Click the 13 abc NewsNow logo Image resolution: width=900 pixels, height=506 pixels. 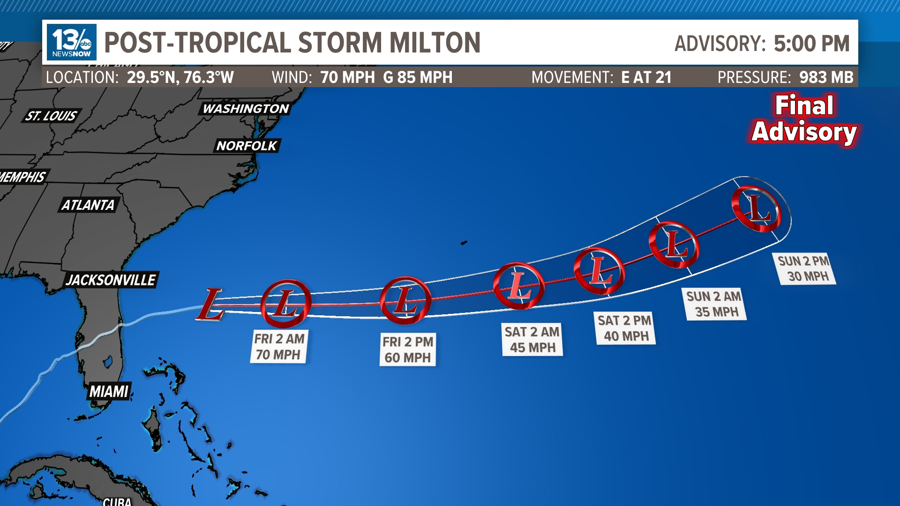tap(72, 42)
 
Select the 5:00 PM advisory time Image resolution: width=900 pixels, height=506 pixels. tap(811, 44)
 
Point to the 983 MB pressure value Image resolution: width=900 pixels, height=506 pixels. tap(826, 77)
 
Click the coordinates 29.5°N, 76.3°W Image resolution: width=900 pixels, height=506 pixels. tap(180, 77)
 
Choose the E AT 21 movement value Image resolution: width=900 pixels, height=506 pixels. tap(646, 77)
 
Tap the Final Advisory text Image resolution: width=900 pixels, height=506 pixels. tap(804, 119)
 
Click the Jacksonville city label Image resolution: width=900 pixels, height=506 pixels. tap(111, 280)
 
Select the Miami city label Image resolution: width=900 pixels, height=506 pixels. tap(109, 391)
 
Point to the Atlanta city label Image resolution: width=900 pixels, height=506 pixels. tap(88, 205)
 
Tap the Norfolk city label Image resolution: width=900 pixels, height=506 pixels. tap(247, 146)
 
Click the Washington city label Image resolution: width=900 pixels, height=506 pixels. tap(246, 109)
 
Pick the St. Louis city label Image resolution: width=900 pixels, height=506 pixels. tap(51, 116)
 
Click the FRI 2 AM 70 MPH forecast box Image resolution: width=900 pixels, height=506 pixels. tap(279, 347)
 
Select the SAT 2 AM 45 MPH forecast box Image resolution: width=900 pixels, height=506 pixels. tap(532, 340)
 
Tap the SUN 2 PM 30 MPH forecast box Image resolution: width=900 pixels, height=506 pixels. tap(803, 268)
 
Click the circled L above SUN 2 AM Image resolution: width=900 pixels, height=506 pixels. tap(674, 244)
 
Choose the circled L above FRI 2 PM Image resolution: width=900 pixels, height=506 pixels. tap(405, 301)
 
